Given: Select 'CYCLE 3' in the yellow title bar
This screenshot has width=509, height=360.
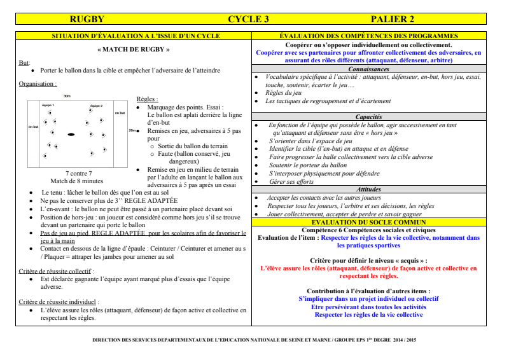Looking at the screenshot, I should [248, 20].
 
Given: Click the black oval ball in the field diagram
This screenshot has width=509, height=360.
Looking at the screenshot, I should [71, 134].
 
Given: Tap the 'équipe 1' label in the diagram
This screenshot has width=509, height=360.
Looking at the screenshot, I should [48, 105].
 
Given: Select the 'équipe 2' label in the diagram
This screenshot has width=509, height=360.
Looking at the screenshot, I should [96, 105].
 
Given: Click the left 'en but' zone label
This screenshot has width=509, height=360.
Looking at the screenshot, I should [33, 128].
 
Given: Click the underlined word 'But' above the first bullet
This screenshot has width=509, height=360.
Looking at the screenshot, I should [24, 62].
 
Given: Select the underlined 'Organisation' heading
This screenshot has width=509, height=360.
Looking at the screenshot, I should [38, 83].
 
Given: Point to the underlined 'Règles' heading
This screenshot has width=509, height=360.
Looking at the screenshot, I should [147, 99].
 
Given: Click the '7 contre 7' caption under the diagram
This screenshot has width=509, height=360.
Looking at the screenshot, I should [78, 173].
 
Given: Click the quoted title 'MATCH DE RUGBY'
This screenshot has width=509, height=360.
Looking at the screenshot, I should [134, 49].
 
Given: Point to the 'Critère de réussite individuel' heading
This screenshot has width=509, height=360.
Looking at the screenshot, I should [59, 301].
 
